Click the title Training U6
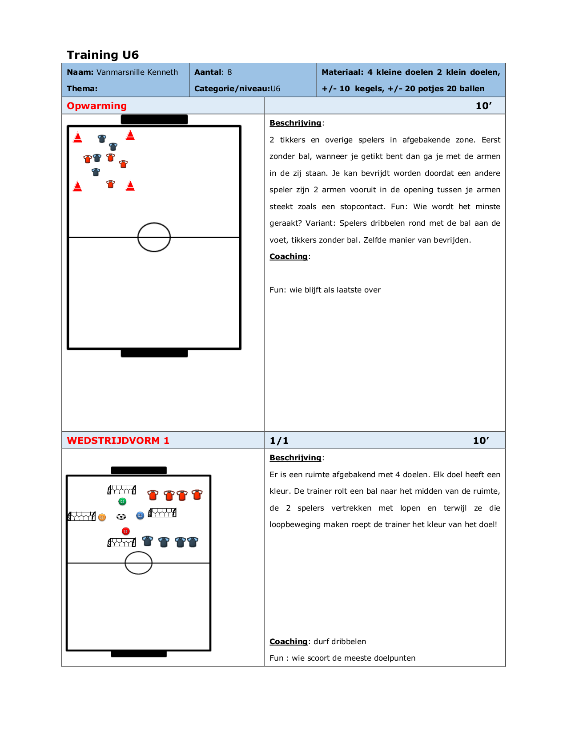(103, 55)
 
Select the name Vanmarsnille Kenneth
(137, 72)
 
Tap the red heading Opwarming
(97, 106)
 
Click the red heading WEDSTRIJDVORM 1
(118, 440)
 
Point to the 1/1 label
(279, 441)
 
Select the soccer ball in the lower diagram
(121, 516)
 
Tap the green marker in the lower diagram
(122, 502)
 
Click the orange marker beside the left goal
(102, 517)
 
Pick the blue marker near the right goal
(140, 516)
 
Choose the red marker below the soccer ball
(126, 531)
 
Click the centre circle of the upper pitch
(154, 237)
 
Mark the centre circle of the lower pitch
(138, 563)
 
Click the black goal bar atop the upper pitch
(154, 119)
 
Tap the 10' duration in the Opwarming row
(483, 106)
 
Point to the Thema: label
(82, 89)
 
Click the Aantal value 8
(229, 72)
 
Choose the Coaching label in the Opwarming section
(289, 256)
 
